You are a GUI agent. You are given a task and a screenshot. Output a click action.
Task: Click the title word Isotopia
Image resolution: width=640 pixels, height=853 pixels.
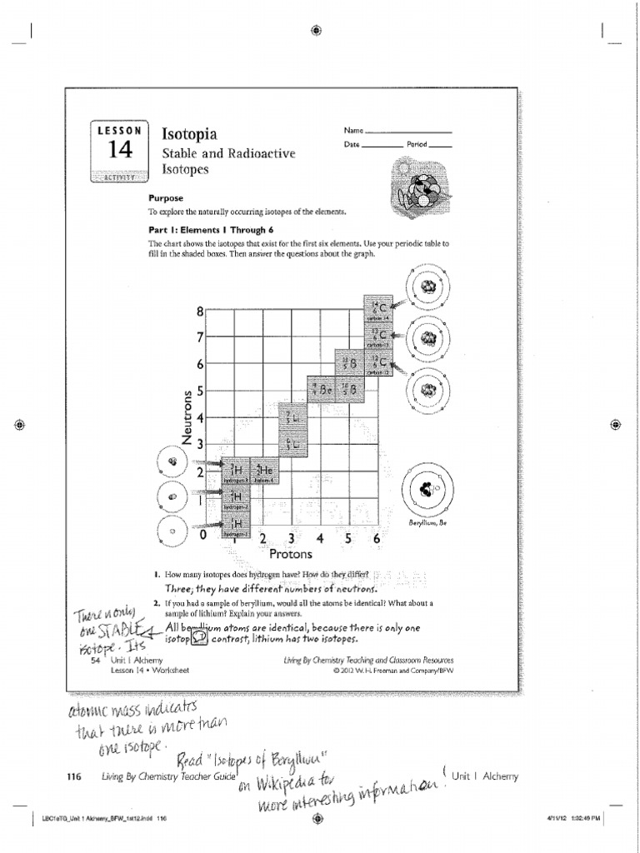189,134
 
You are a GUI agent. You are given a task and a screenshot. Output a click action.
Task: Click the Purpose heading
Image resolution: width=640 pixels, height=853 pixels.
166,199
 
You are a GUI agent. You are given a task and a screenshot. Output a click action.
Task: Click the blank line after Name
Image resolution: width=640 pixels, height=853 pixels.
408,132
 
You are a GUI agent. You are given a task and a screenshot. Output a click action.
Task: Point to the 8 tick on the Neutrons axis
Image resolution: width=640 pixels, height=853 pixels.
200,312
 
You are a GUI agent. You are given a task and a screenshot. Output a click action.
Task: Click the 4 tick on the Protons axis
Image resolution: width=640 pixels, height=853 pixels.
319,539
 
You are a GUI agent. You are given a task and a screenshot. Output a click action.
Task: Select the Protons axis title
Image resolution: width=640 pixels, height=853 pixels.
290,554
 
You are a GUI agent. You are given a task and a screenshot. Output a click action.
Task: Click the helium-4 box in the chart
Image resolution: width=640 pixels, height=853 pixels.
264,472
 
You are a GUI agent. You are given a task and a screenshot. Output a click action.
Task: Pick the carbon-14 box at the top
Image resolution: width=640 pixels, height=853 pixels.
377,309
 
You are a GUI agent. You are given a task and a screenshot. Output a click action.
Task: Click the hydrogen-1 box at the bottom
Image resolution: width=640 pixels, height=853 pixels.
236,526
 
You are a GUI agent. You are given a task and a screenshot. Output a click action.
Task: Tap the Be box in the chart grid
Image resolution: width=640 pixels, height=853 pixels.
321,389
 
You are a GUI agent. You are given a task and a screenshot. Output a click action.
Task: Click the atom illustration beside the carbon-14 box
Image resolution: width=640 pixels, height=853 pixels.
427,288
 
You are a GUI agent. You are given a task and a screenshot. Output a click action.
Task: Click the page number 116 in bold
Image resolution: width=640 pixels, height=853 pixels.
73,777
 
